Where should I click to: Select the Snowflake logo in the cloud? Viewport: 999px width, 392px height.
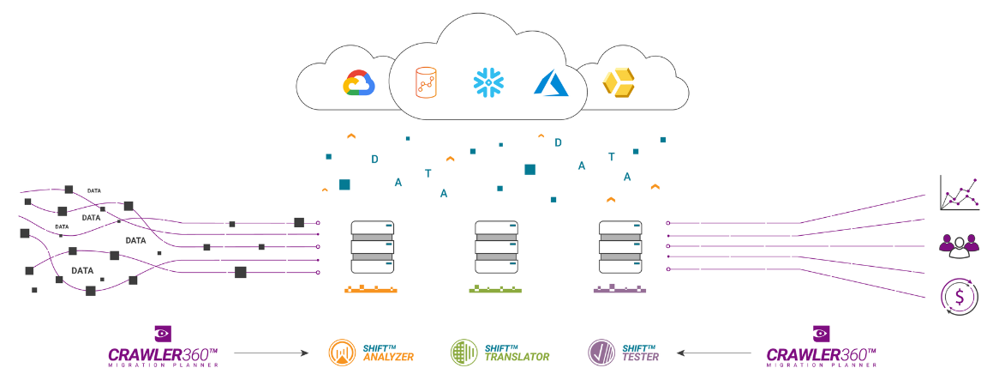pyautogui.click(x=488, y=82)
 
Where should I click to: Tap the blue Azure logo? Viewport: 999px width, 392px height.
pyautogui.click(x=551, y=82)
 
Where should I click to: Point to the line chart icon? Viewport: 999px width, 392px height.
pyautogui.click(x=959, y=193)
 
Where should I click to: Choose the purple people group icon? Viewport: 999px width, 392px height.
pyautogui.click(x=958, y=245)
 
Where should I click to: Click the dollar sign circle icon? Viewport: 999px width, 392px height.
pyautogui.click(x=959, y=297)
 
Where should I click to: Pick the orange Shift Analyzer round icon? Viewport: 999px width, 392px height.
pyautogui.click(x=343, y=353)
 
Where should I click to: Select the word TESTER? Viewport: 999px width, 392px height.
pyautogui.click(x=641, y=357)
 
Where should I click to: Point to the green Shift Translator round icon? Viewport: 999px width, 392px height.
pyautogui.click(x=464, y=353)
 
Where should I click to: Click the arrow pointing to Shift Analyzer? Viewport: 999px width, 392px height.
pyautogui.click(x=271, y=353)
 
